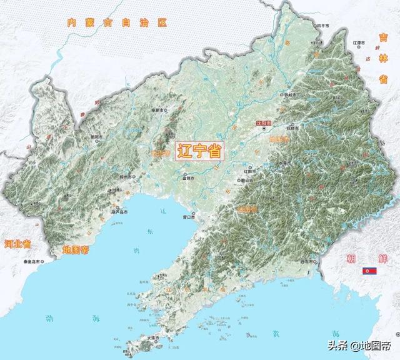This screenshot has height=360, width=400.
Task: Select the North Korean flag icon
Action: [369, 271]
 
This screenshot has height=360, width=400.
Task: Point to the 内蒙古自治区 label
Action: [118, 22]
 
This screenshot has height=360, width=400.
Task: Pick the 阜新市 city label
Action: [163, 109]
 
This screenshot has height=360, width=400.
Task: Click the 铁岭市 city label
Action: [289, 94]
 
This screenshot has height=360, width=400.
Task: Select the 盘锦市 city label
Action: [189, 178]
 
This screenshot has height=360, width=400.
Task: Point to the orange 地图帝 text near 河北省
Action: [77, 249]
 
